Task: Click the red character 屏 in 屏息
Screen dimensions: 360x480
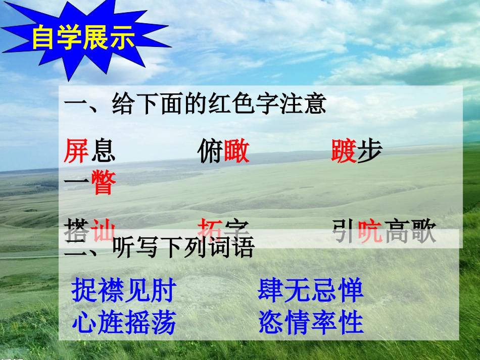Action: tap(77, 151)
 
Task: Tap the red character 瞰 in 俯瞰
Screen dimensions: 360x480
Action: tap(236, 151)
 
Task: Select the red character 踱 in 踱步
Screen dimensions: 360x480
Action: tap(344, 151)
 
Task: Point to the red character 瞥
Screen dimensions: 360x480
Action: tap(104, 183)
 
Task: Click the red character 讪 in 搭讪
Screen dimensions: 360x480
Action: tap(103, 232)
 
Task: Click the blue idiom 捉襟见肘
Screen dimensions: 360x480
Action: tap(124, 291)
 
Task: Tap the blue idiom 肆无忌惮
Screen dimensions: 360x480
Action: tap(310, 291)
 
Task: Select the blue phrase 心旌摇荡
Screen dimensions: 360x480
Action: tap(124, 322)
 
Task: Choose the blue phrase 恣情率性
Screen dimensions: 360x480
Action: tap(310, 322)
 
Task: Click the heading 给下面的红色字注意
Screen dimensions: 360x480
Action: tap(195, 105)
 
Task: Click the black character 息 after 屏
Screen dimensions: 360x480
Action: tap(103, 151)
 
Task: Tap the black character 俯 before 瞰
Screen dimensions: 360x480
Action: tap(211, 151)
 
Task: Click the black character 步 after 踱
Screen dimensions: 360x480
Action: tap(369, 151)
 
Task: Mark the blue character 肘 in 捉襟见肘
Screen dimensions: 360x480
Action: tap(163, 291)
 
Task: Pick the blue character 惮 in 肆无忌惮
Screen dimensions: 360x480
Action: tap(351, 291)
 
